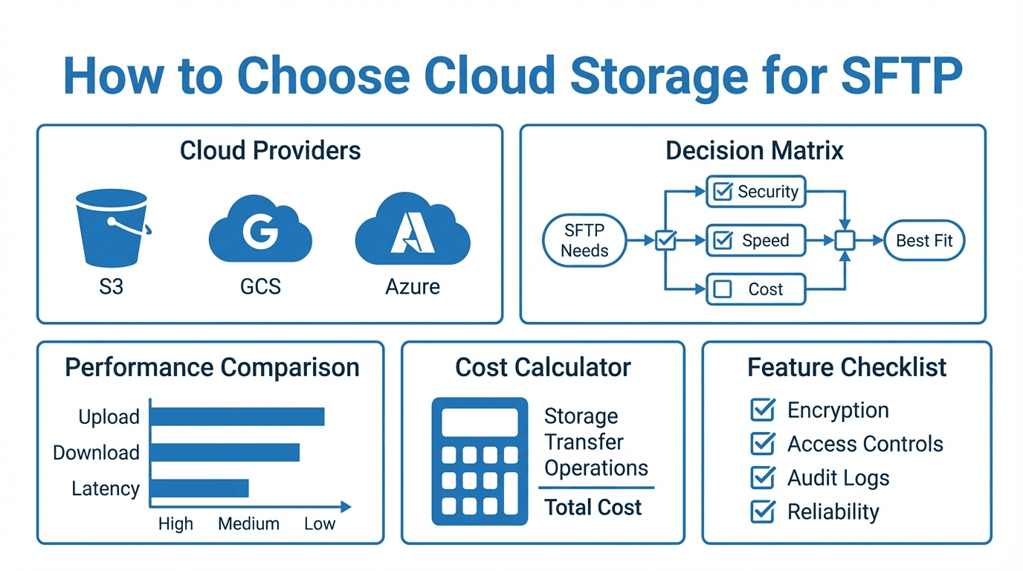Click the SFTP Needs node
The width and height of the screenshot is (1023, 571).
tap(584, 240)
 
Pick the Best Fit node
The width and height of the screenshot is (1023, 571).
tap(924, 240)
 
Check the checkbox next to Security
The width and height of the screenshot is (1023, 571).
tap(722, 192)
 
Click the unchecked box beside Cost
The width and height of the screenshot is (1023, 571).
tap(722, 289)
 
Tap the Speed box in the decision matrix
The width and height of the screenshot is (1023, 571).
tap(755, 240)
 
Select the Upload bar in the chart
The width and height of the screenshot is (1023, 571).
tap(237, 416)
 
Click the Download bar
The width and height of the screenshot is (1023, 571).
tap(225, 452)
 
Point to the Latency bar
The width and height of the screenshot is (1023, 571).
tap(199, 488)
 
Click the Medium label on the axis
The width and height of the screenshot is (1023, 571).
tap(248, 523)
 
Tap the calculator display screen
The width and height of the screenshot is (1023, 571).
tap(479, 422)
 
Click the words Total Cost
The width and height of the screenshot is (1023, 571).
tap(593, 508)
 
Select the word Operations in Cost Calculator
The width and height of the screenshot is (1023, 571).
tap(596, 468)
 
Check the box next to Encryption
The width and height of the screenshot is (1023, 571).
tap(763, 410)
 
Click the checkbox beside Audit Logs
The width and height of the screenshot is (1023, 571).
tap(763, 477)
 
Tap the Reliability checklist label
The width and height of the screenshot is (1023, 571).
tap(833, 512)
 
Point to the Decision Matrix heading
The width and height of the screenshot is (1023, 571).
tap(754, 151)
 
